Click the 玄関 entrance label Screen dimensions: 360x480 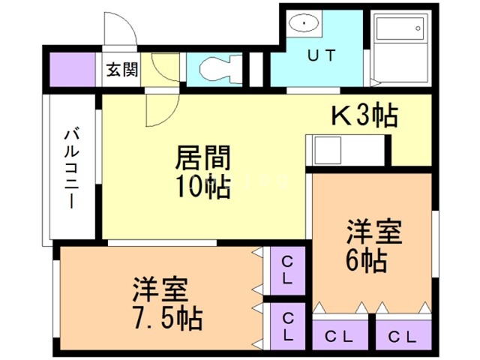pyautogui.click(x=121, y=72)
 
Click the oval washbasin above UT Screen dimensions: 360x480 pyautogui.click(x=304, y=24)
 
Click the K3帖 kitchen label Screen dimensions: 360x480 pyautogui.click(x=364, y=116)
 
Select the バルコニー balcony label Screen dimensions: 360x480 pyautogui.click(x=72, y=169)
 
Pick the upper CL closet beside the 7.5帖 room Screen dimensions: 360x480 pyautogui.click(x=288, y=271)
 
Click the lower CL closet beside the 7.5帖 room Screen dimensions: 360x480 pyautogui.click(x=288, y=326)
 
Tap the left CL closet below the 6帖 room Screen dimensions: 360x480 pyautogui.click(x=339, y=336)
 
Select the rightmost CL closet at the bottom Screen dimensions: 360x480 pyautogui.click(x=404, y=336)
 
